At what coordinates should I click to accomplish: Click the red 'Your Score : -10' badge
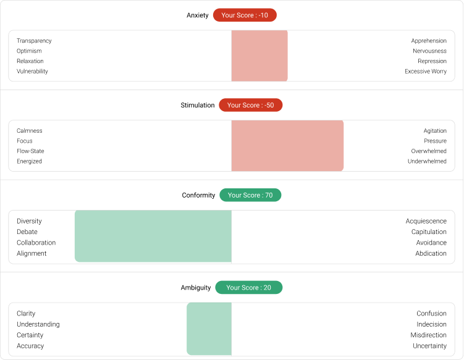(x=245, y=15)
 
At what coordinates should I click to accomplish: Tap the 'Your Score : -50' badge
(x=250, y=105)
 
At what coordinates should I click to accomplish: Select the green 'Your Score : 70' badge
(x=250, y=195)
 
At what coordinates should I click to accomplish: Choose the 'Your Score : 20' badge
(x=248, y=287)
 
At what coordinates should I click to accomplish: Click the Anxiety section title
(x=198, y=15)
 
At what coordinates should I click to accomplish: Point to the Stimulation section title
(x=198, y=105)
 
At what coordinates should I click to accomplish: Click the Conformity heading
(x=198, y=195)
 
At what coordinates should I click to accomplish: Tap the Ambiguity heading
(x=196, y=287)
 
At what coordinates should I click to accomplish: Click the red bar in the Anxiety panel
(x=259, y=56)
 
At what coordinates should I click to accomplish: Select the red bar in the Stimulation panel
(x=287, y=146)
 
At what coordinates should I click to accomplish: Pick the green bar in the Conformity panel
(x=153, y=236)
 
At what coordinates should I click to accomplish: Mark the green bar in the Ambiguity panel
(x=209, y=329)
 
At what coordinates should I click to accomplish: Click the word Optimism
(x=30, y=51)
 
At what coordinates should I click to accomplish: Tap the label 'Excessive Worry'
(x=426, y=71)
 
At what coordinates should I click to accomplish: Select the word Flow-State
(x=30, y=151)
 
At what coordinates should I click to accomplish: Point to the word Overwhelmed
(x=429, y=151)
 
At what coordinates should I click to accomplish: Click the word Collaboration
(x=36, y=243)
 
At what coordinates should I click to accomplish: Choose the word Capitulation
(x=429, y=232)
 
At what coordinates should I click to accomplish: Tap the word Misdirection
(x=428, y=335)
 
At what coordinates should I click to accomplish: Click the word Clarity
(x=26, y=313)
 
